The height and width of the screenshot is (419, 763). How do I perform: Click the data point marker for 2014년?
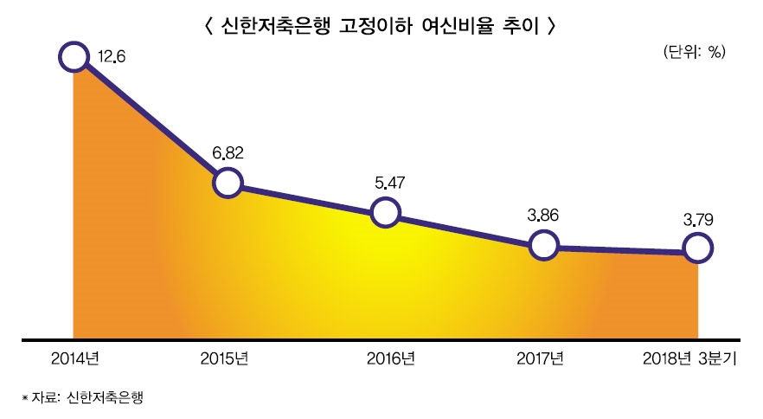pos(74,57)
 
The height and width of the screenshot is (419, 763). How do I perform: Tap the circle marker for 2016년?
pos(385,212)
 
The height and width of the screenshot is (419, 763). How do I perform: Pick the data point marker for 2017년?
pos(543,245)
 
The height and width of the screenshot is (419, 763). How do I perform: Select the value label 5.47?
pos(386,183)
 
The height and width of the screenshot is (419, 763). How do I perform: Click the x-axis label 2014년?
pos(75,358)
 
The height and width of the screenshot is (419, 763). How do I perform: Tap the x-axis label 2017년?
pos(540,358)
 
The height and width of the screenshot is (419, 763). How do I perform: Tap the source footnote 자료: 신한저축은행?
pos(83,397)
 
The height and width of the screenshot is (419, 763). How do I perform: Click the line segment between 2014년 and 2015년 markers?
pos(151,120)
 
